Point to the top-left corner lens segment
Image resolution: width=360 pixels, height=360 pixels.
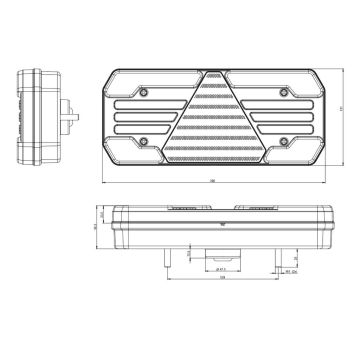tap(130, 84)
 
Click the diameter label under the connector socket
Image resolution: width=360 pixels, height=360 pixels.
tap(220, 269)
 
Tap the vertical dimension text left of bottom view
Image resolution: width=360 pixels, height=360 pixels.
tap(95, 227)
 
